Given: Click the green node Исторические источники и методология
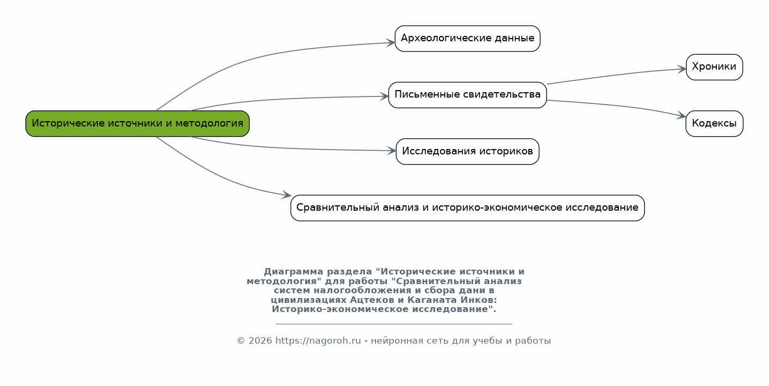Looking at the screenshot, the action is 137,124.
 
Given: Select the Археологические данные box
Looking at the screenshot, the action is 468,39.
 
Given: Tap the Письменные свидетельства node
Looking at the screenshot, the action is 468,95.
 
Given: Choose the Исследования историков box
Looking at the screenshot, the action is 468,151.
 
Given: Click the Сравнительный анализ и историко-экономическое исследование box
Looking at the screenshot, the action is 468,208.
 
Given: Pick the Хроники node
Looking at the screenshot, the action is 714,68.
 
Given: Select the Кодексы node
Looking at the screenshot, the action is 714,124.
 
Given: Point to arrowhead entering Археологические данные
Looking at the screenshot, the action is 391,43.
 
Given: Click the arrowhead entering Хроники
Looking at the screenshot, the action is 682,69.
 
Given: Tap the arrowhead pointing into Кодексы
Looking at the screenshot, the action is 682,116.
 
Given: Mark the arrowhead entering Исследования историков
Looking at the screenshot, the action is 392,151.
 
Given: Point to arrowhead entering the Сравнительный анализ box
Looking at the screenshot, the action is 287,195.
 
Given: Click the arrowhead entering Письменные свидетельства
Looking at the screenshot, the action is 384,96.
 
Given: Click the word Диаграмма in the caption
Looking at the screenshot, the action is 294,272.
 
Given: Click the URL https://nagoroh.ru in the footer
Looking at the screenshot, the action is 318,340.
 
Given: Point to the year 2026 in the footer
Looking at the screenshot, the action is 260,340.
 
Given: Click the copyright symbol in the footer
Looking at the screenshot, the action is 241,340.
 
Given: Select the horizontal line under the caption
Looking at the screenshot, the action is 394,323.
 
